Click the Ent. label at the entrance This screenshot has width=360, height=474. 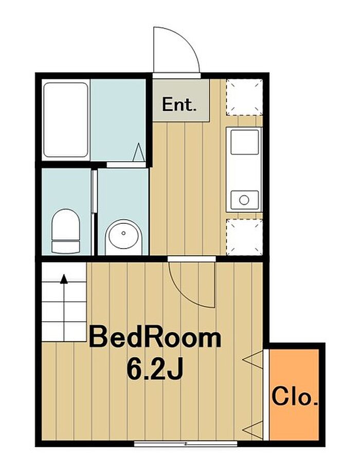179,104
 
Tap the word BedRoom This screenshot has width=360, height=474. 155,338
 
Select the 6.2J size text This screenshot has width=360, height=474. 155,370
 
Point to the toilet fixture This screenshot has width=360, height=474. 66,231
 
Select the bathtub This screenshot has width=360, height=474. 66,120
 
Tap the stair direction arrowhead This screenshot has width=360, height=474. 64,279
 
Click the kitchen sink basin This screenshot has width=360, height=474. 245,142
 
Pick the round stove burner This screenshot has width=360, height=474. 244,200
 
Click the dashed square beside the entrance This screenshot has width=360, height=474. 244,97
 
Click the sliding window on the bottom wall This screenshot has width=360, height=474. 186,444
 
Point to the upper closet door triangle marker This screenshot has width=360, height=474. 253,360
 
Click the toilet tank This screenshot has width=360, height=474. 66,247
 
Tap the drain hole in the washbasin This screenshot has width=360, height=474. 123,233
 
